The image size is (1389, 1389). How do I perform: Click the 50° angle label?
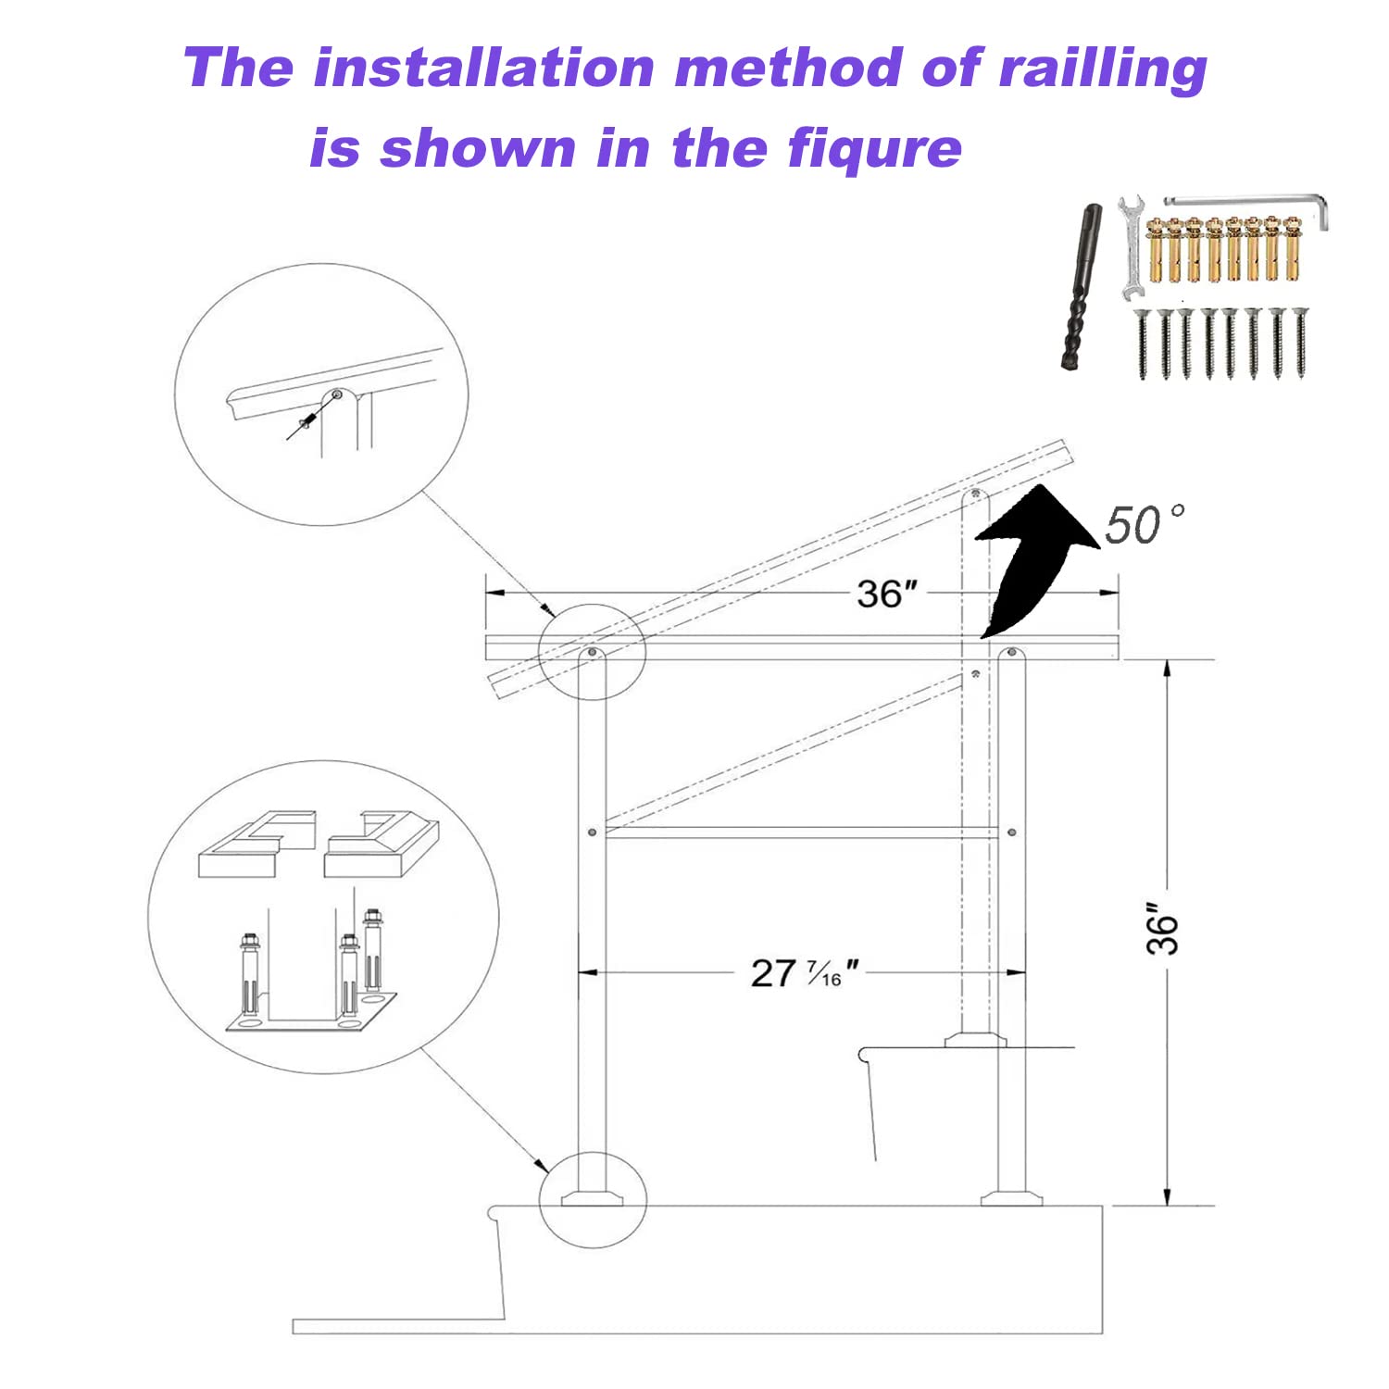[x=1143, y=525]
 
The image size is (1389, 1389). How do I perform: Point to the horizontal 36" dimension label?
[x=886, y=594]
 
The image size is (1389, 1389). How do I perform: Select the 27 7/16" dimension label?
[x=802, y=973]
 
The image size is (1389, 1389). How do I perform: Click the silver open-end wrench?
[x=1130, y=245]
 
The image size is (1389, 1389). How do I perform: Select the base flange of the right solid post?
[x=1011, y=1198]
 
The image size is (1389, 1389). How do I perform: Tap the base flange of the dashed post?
[x=975, y=1040]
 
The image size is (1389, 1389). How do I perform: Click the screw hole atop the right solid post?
[x=1011, y=654]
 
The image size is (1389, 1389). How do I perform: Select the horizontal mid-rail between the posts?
[x=801, y=832]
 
